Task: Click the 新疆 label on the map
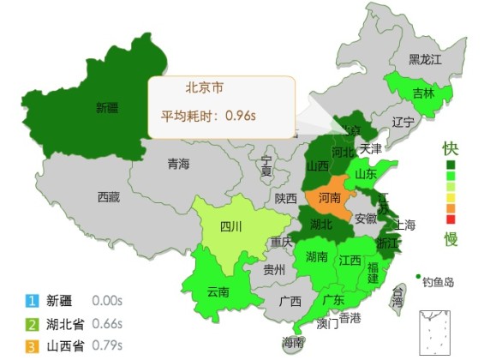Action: (107, 108)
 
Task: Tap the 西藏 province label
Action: (108, 196)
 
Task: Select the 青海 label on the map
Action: (178, 164)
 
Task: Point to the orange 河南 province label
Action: (329, 197)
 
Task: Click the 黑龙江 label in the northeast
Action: (424, 59)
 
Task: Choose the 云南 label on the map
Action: (218, 292)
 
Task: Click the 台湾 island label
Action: (397, 297)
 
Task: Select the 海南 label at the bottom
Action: (293, 343)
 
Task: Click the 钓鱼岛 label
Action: (438, 281)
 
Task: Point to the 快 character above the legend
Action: (450, 147)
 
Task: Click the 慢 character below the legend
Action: (450, 237)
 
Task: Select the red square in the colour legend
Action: (451, 219)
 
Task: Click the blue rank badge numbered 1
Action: (33, 301)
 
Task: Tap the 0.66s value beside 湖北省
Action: (107, 324)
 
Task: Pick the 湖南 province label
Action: (317, 256)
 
